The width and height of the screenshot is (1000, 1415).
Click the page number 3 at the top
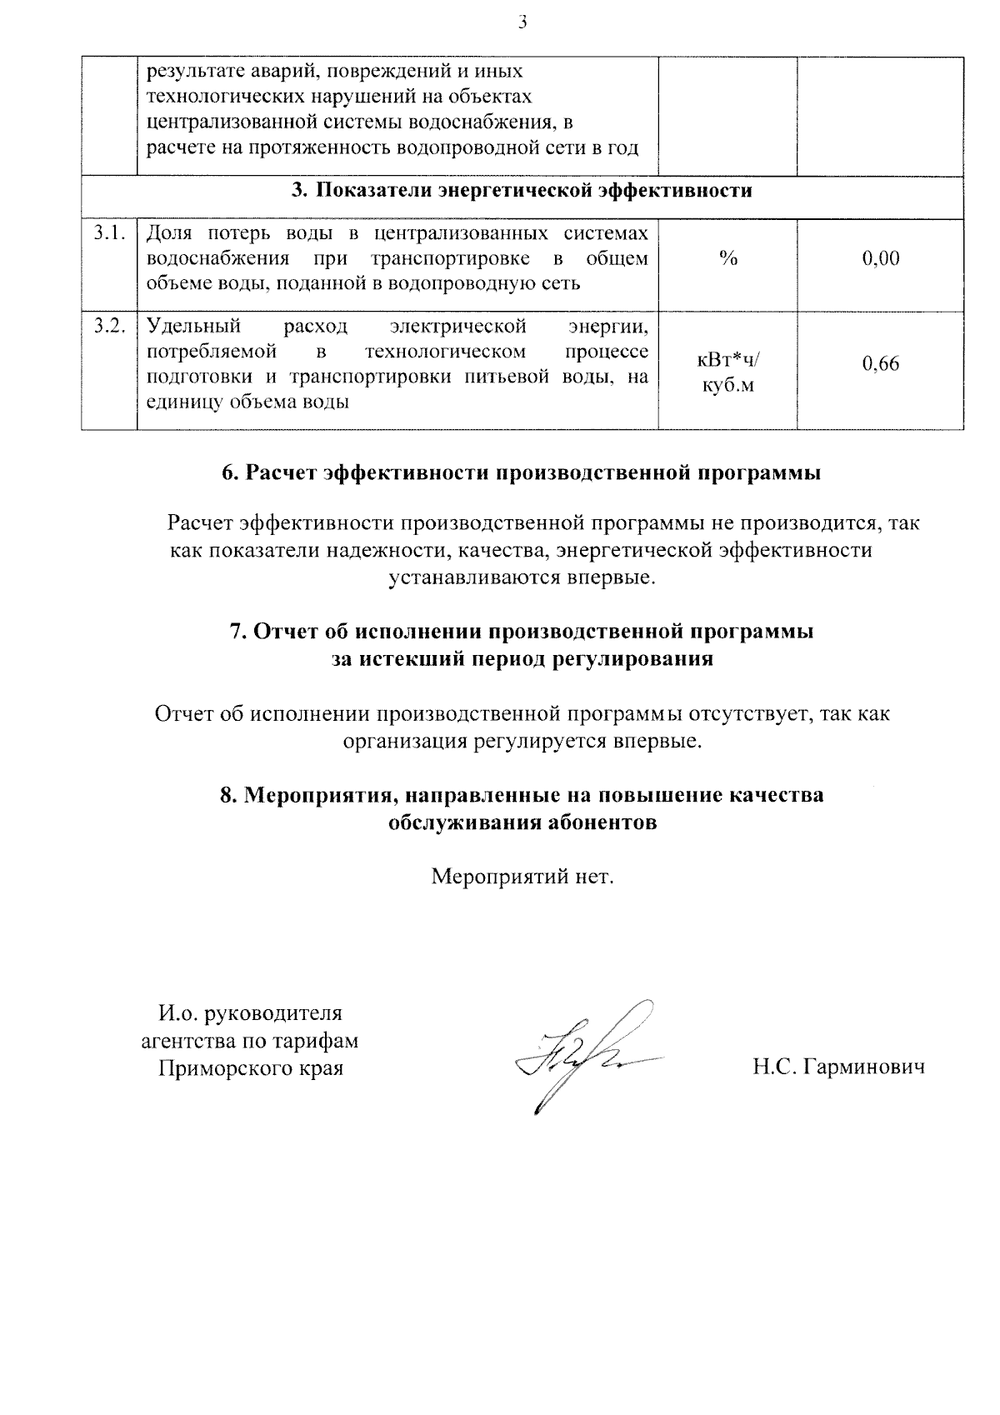522,22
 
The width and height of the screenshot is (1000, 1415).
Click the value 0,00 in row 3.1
881,258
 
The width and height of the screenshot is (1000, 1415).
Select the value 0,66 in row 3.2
881,363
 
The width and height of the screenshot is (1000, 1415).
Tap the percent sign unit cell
728,258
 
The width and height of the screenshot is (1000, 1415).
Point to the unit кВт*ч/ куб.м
728,372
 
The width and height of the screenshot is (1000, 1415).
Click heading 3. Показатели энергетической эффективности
522,191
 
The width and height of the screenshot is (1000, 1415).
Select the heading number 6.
229,473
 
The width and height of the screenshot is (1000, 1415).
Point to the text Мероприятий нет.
522,877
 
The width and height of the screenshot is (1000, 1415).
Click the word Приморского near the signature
219,1067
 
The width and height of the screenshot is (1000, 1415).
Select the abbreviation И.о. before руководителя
178,1014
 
